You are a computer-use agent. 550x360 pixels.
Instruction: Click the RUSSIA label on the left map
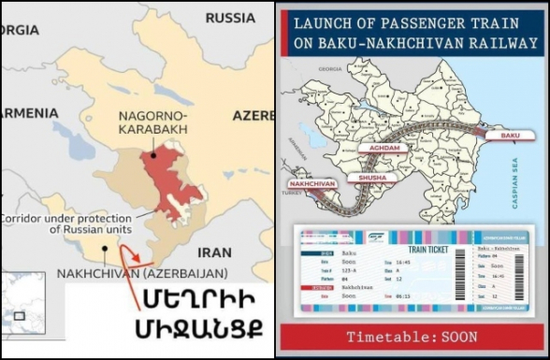(229, 18)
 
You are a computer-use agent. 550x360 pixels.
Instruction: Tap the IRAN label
(215, 252)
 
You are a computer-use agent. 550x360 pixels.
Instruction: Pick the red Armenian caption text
(195, 315)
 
